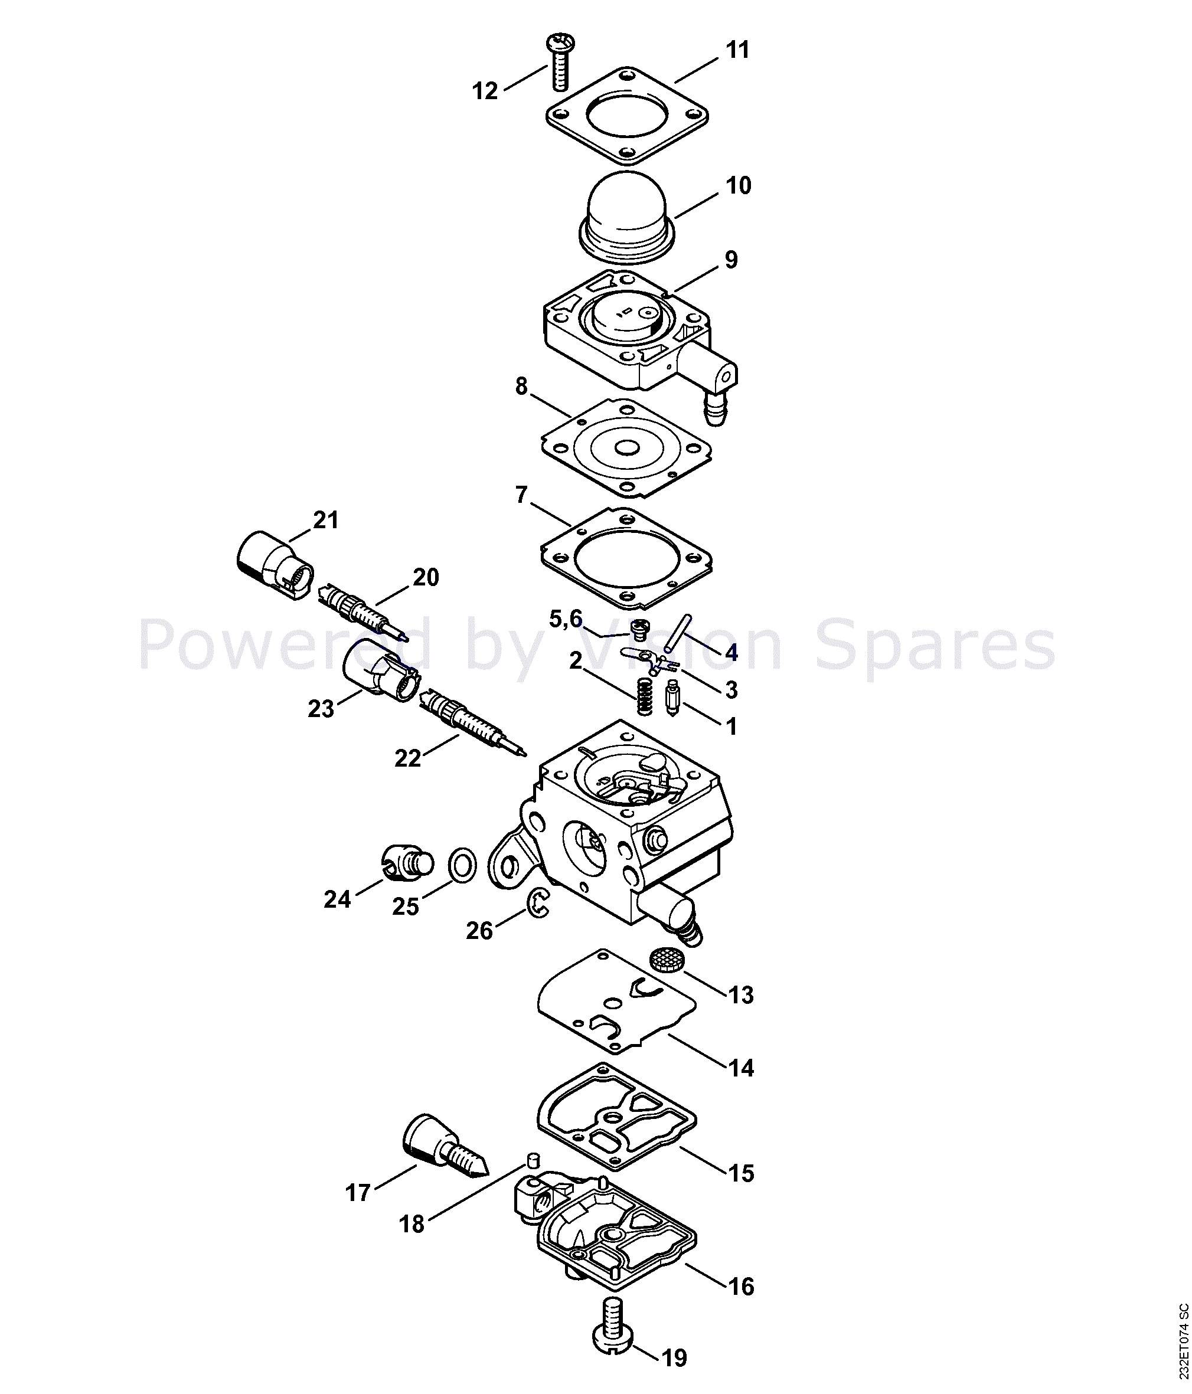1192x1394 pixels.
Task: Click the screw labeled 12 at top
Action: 559,63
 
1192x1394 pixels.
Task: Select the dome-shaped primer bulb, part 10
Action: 626,218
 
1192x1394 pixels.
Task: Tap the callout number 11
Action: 737,50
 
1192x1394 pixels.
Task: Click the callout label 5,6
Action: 566,619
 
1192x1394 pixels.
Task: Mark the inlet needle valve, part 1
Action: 672,698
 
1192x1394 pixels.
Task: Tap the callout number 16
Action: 741,1287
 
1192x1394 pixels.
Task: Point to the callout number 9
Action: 731,260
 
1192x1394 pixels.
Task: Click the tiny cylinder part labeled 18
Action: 533,1160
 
